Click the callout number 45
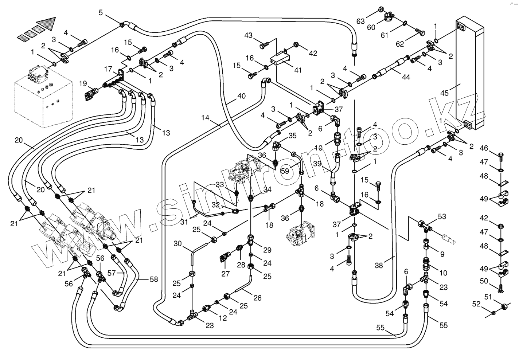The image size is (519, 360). tap(444, 93)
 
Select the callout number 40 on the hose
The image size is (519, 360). tap(241, 96)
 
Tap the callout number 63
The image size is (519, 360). tap(360, 21)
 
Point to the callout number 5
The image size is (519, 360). tap(101, 13)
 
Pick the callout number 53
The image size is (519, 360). tap(442, 217)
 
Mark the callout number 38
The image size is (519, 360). tap(379, 266)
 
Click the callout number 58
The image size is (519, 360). tap(154, 279)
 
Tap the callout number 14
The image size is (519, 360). tap(206, 118)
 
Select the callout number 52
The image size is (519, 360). tap(486, 304)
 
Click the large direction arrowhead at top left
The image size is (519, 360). tap(46, 24)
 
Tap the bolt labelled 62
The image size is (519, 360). tap(420, 33)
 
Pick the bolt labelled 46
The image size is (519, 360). tap(500, 156)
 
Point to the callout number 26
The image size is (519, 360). tap(257, 298)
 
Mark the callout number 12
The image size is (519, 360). tap(223, 318)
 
